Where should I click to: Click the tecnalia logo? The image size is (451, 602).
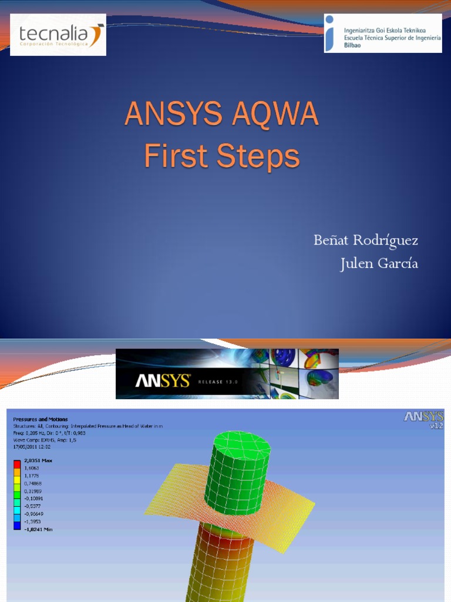pos(58,35)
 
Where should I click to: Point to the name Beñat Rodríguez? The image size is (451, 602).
pos(365,240)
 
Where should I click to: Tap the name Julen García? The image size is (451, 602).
pos(379,264)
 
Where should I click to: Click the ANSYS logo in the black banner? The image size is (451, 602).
pos(163,381)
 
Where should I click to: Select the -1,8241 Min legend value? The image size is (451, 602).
pos(38,530)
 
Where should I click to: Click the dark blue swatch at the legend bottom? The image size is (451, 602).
pos(18,524)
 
